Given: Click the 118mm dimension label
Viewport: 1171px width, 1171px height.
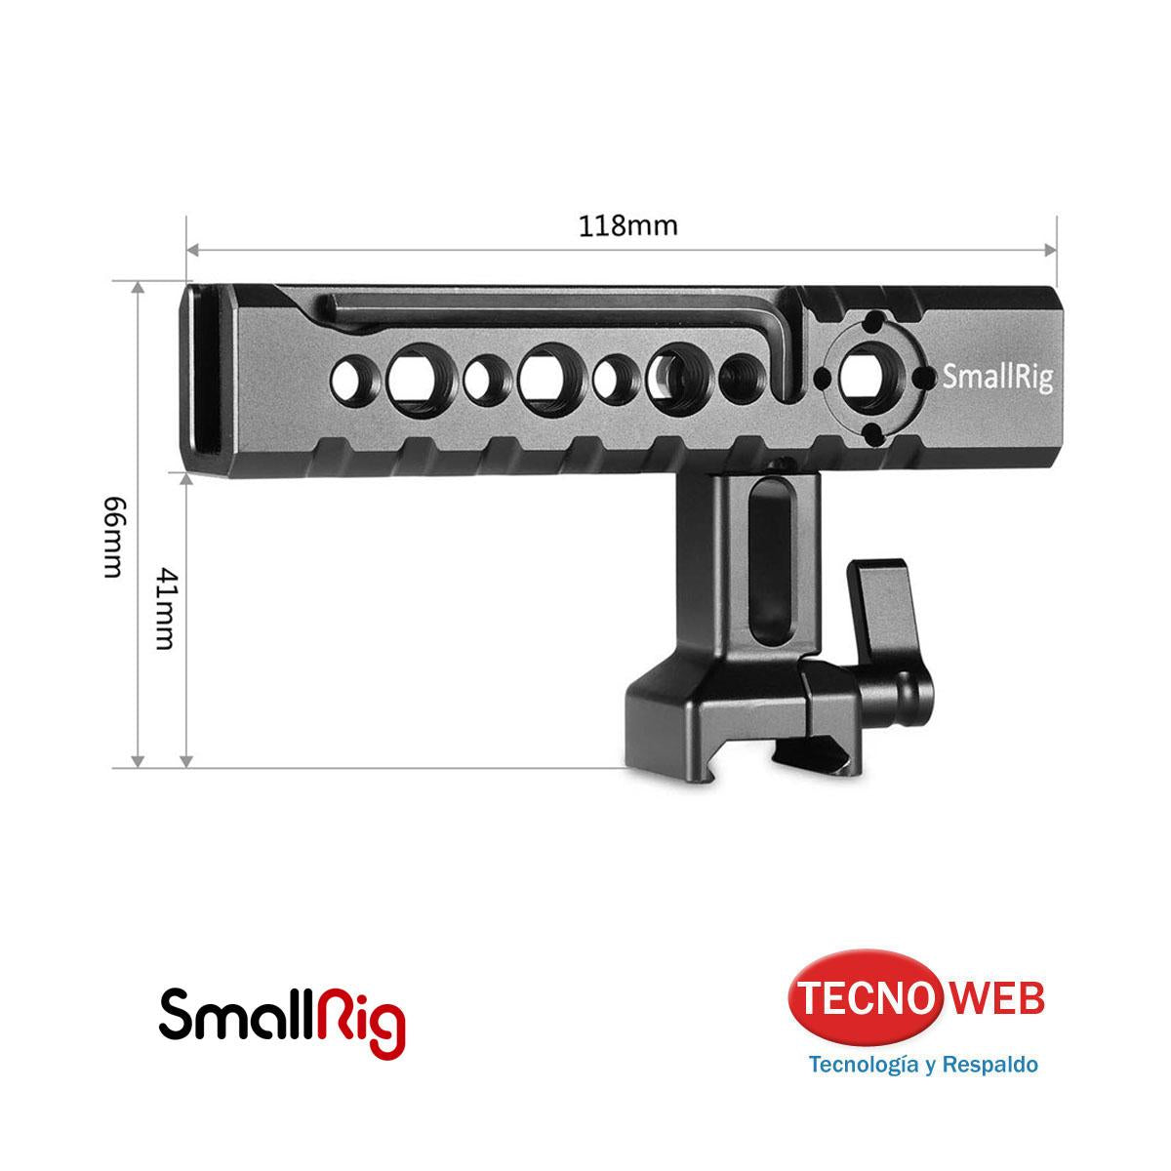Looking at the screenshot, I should click(627, 225).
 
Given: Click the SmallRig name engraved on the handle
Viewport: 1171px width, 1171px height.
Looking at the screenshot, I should click(997, 378).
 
